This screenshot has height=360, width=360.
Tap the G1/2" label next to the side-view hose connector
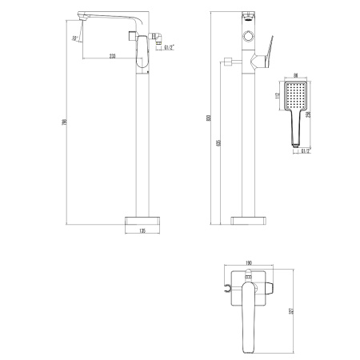tap(171, 49)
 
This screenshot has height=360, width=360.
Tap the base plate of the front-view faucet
tap(246, 218)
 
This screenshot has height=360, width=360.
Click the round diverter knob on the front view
tap(246, 36)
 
